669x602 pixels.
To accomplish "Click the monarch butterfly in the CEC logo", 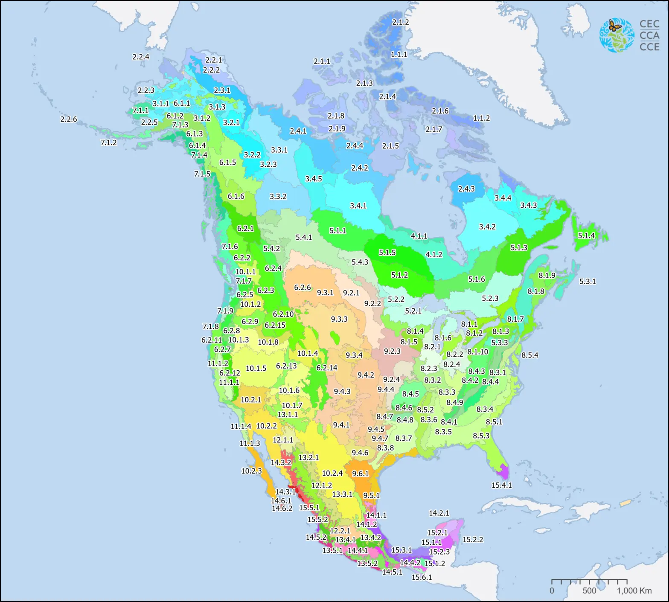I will pos(615,26).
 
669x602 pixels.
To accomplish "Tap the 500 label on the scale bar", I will pos(589,590).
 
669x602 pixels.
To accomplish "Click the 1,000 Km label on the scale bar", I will pos(634,590).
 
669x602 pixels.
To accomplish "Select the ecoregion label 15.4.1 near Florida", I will pos(501,485).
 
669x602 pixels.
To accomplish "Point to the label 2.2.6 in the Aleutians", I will pos(69,119).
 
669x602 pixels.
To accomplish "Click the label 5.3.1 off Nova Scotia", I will pos(587,282).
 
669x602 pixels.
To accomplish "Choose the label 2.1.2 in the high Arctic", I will pos(400,22).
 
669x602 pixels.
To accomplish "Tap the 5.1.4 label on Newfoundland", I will pos(586,236).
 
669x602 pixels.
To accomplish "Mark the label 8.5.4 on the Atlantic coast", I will pos(529,355).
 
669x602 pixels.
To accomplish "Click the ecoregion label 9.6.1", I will pos(360,474).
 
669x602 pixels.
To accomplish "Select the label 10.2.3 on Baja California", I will pos(251,471).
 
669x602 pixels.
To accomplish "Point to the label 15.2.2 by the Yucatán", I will pos(473,540).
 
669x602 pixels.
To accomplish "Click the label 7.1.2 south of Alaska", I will pos(108,143).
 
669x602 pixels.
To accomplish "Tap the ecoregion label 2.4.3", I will pos(466,189).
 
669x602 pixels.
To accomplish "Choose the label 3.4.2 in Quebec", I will pos(487,227).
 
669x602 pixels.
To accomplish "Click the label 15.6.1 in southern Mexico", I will pos(422,577).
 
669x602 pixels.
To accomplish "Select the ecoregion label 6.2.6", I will pos(302,288).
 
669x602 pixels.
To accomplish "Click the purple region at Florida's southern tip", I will pos(503,472).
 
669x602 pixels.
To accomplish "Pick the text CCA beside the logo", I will pos(649,35).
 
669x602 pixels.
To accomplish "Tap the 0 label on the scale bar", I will pos(552,590).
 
